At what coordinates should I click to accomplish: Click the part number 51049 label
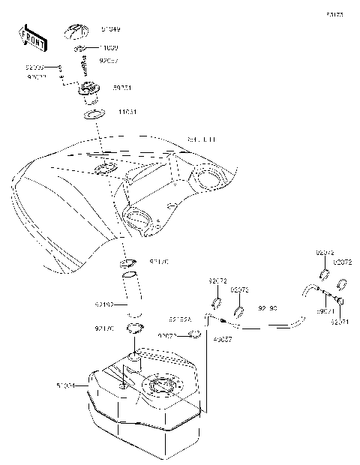coord(111,29)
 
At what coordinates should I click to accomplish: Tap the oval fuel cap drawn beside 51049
coord(77,31)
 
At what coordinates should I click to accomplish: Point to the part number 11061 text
coord(127,112)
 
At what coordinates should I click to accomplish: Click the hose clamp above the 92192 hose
coord(128,263)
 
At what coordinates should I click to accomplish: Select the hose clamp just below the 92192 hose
coord(135,328)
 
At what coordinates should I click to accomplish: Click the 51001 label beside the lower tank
coord(65,386)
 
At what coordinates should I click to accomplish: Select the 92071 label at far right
coord(340,322)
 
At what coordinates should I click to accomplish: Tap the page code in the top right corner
coord(334,14)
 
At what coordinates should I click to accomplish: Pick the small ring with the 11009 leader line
coord(82,49)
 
